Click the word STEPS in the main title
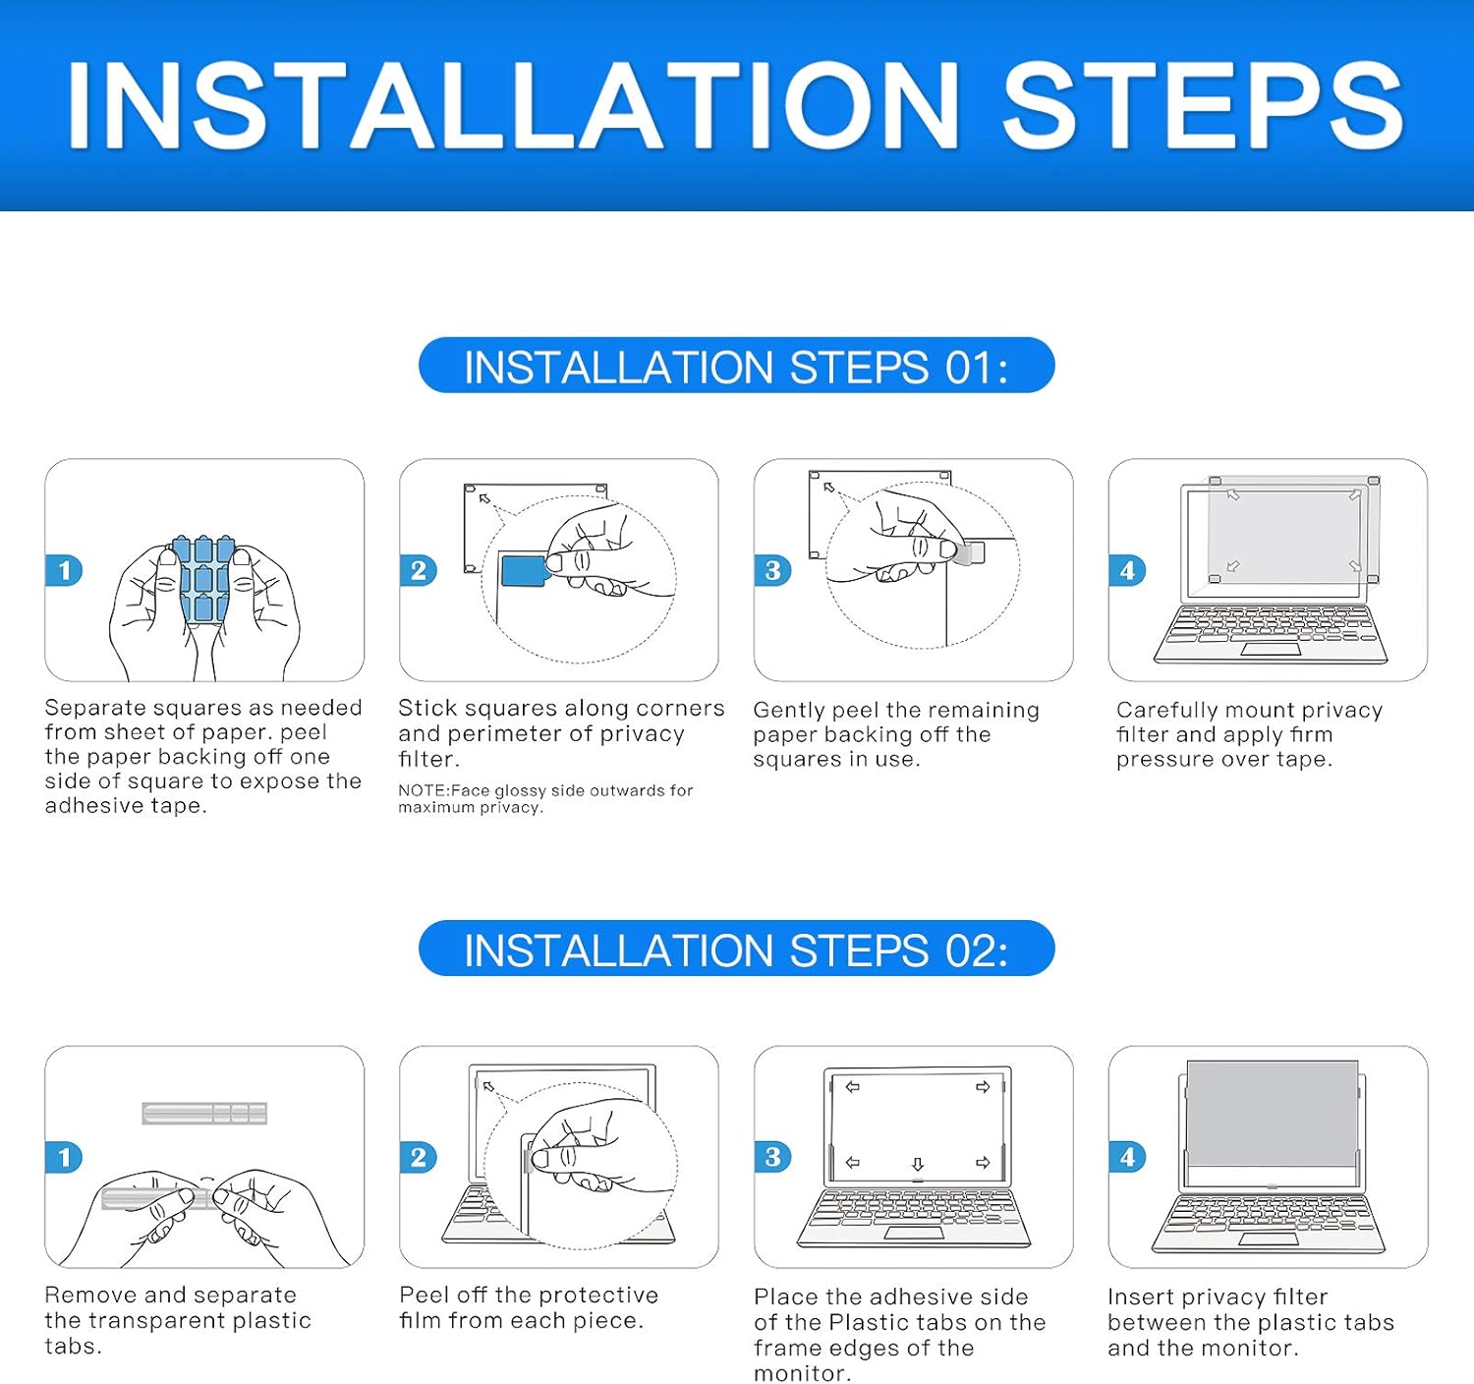coord(1203,104)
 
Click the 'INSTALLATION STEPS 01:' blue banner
coord(736,366)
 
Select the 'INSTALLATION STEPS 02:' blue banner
coord(736,949)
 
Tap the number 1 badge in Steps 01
coord(64,570)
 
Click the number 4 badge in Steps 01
coord(1127,570)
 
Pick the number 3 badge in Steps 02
coord(771,1156)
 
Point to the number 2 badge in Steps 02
coord(418,1157)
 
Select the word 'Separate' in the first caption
coord(93,708)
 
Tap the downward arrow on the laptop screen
coord(918,1164)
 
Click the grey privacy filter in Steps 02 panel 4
coord(1273,1114)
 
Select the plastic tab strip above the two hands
coord(204,1113)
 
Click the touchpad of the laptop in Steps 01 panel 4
coord(1270,650)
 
